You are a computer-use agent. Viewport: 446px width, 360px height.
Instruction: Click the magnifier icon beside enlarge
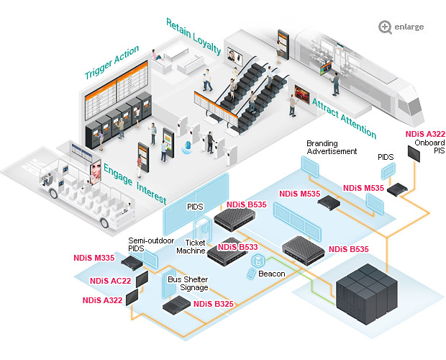(x=386, y=27)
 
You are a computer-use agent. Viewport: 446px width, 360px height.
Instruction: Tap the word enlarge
(x=409, y=27)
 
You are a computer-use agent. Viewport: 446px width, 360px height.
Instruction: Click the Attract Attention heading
(x=343, y=118)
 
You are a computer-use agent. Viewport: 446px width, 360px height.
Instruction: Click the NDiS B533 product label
(x=237, y=247)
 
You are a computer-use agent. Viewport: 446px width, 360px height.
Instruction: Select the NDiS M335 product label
(x=94, y=257)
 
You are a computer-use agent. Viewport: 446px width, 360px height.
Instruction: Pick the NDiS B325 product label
(x=213, y=304)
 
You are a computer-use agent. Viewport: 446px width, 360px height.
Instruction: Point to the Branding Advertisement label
(x=332, y=147)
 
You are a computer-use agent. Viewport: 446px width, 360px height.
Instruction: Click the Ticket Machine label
(x=191, y=247)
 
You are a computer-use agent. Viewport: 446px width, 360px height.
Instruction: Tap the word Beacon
(x=270, y=274)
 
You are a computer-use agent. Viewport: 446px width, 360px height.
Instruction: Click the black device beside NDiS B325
(x=175, y=307)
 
